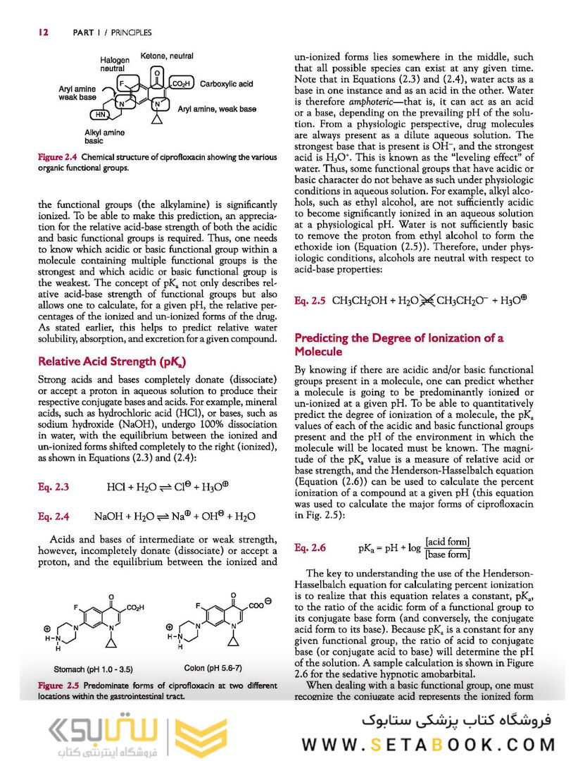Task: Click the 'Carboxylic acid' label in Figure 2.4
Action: coord(226,84)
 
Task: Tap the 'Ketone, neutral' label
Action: coord(167,56)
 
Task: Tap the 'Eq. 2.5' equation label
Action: coord(310,301)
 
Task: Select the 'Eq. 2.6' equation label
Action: coord(310,547)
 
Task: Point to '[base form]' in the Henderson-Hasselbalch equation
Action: coord(447,554)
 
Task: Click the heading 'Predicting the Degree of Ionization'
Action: coord(398,345)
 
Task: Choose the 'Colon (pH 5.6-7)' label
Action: coord(213,667)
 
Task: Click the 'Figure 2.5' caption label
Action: coord(58,685)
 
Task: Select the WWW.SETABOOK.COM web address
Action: coord(429,743)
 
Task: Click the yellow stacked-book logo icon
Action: coord(200,732)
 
